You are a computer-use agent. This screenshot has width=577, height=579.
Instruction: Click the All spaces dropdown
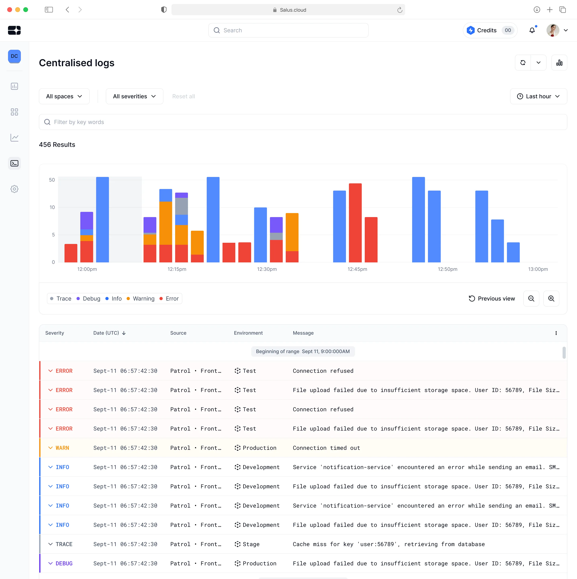[64, 96]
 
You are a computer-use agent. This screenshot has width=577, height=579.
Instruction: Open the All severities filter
[134, 96]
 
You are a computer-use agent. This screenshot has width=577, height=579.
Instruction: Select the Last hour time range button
[538, 96]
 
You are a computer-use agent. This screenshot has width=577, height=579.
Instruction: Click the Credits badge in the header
[490, 30]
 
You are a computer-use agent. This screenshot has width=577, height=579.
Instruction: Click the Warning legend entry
[141, 299]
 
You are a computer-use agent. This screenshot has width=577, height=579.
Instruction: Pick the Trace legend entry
[61, 299]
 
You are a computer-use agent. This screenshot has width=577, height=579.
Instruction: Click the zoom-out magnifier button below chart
[531, 299]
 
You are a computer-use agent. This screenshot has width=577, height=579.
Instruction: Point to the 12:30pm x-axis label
[267, 269]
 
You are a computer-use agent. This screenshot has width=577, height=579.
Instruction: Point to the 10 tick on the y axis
[52, 207]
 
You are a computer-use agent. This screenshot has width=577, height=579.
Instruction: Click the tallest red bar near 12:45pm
[355, 223]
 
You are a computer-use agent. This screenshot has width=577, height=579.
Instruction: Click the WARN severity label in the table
[62, 448]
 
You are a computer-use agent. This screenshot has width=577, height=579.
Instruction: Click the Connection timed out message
[326, 448]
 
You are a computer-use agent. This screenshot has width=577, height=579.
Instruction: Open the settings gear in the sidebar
[14, 189]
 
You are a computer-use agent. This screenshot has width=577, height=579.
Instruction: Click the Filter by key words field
[303, 122]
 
